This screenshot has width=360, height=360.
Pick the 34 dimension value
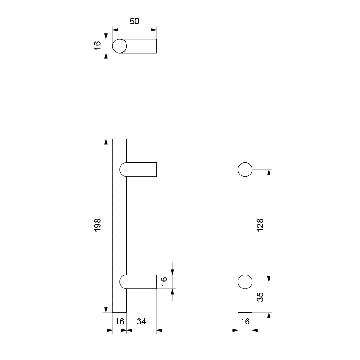141,322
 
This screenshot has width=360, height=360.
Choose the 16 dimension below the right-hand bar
245,322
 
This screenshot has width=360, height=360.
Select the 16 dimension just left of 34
120,322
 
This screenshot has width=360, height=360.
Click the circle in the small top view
120,46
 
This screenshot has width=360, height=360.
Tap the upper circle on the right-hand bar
245,169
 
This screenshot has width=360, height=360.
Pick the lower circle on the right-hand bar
245,282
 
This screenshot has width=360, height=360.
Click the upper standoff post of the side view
141,169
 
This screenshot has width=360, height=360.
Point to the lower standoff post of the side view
141,282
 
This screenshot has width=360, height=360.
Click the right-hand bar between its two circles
245,225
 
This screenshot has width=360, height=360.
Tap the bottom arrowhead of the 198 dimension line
106,309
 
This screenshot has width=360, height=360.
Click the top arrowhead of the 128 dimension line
269,172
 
